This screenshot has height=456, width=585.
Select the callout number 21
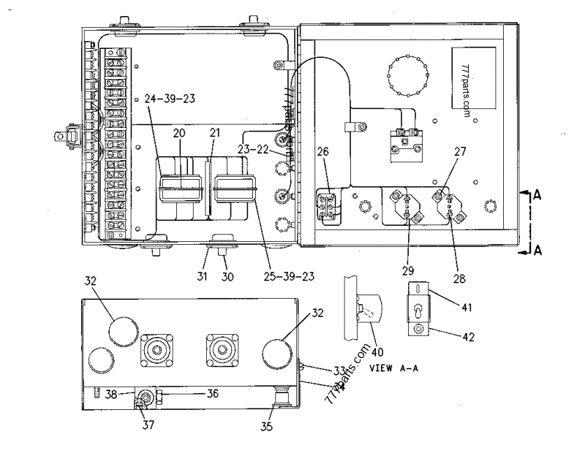(x=214, y=133)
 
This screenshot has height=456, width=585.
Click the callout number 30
(x=227, y=276)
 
